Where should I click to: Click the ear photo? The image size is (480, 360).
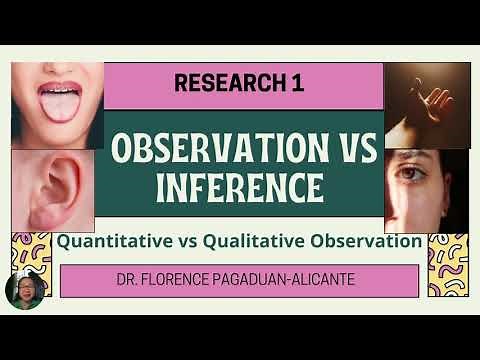coord(54,190)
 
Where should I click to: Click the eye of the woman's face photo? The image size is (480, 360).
coord(416,176)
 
